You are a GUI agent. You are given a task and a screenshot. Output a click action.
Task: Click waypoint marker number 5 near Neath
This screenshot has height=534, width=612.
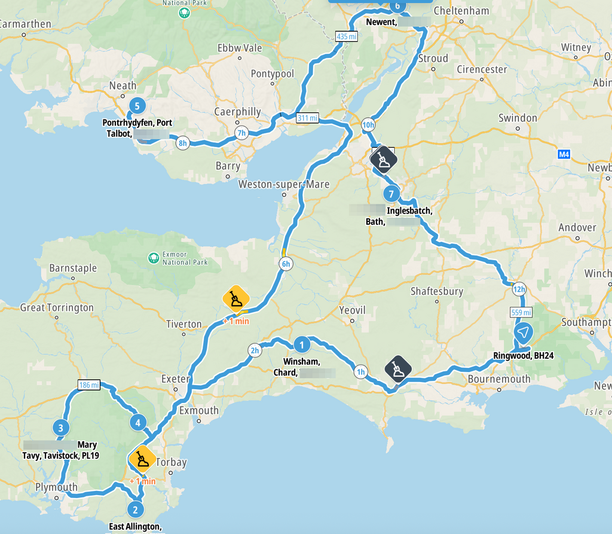coord(137,106)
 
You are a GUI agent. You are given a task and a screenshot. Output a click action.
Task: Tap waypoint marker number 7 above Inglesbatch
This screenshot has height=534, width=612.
coord(391,194)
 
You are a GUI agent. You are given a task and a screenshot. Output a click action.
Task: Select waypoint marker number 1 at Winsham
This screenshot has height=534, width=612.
coord(302,344)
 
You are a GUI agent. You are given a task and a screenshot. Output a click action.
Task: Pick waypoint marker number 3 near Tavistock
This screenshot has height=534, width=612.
coord(60,428)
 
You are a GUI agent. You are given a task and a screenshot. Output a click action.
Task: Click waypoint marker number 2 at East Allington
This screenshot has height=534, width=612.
coord(135,509)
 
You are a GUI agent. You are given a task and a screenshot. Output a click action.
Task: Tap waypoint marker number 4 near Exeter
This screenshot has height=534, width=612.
coord(138,423)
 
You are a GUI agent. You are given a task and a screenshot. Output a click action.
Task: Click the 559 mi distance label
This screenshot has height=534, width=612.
coord(521,312)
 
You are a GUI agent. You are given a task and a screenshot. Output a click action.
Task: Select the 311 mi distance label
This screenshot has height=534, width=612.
coord(307,118)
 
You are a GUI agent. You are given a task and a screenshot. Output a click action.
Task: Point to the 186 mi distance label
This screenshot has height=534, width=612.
coord(88,385)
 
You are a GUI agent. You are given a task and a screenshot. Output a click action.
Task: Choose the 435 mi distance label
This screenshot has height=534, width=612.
coord(347,36)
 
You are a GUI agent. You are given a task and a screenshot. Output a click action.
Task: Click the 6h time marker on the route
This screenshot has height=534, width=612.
coord(286,264)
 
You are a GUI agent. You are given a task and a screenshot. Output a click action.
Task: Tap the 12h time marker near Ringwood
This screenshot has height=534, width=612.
coord(518,289)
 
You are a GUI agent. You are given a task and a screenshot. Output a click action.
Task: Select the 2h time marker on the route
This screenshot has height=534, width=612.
coord(255,350)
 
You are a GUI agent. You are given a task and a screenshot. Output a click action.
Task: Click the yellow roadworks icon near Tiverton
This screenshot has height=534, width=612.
coord(236,298)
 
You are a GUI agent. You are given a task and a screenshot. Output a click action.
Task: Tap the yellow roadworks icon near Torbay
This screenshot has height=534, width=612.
coord(142,460)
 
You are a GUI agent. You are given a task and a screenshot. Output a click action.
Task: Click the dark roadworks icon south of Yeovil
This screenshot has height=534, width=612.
coord(399,369)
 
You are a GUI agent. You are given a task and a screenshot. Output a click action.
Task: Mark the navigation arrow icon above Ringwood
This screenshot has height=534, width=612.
coord(523,333)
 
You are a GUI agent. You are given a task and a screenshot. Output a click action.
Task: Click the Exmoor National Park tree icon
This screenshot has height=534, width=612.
coord(154,258)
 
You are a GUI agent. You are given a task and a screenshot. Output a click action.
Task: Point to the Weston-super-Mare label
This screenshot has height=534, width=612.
coord(283,184)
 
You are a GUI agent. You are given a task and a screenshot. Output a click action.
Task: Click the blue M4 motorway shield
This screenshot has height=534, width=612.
coord(564,154)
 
